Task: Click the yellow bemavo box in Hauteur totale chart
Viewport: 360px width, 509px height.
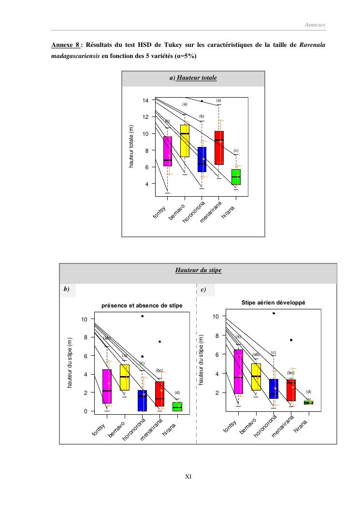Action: point(185,141)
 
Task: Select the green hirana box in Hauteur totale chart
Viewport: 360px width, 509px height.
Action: point(236,177)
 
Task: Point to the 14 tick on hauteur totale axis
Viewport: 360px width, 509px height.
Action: point(145,101)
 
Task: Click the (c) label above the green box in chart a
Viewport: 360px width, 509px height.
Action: point(236,151)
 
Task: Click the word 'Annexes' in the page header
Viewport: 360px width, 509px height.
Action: point(315,24)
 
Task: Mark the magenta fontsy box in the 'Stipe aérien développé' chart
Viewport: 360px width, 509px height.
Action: point(238,371)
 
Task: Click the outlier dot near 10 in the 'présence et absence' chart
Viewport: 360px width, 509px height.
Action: point(143,316)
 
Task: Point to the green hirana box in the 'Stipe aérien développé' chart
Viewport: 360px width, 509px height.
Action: point(308,402)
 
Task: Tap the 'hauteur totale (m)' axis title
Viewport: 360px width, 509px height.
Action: point(131,146)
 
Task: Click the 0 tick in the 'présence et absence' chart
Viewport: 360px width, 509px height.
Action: point(85,411)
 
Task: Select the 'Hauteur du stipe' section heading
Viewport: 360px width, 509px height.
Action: point(198,270)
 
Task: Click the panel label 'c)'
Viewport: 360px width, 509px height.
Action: point(203,290)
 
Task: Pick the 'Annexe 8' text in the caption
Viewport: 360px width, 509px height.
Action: point(65,45)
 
